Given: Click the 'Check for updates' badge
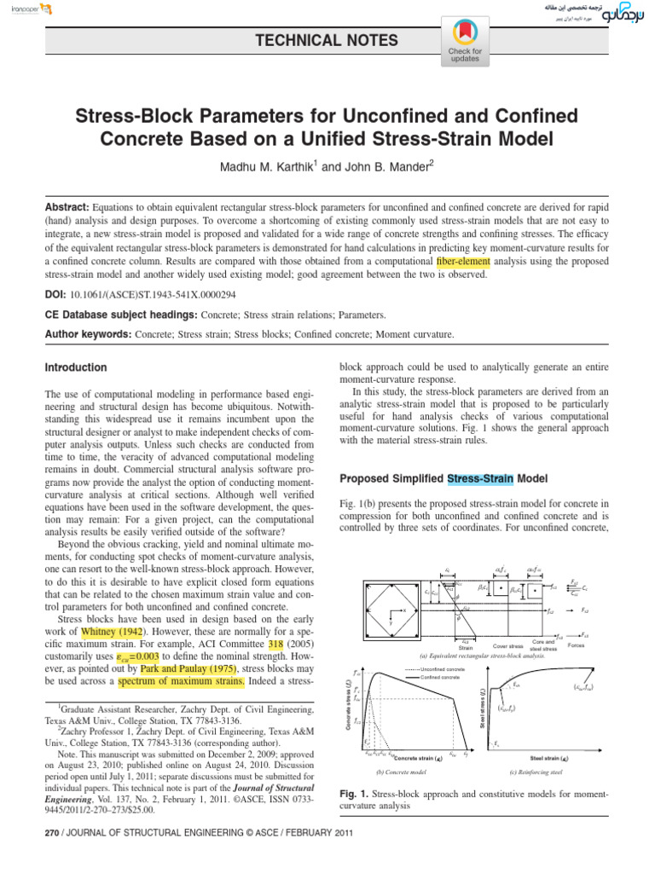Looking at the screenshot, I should [x=465, y=42].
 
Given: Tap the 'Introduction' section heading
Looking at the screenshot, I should [x=76, y=367].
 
